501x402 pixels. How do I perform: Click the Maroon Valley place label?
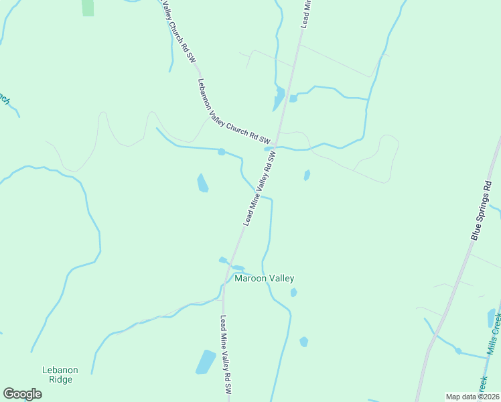(264, 278)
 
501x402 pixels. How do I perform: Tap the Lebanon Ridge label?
(60, 375)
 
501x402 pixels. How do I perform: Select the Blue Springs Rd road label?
(486, 214)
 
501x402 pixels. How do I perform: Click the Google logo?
(22, 394)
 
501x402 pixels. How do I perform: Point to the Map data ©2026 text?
(473, 397)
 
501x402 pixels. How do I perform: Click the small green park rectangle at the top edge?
(88, 7)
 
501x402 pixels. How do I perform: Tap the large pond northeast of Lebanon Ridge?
(206, 362)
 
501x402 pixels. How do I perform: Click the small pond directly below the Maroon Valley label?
(293, 292)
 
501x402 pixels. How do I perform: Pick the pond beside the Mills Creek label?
(491, 318)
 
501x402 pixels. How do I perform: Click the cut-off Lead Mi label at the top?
(306, 13)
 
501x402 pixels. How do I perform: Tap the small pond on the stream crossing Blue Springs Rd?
(458, 350)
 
